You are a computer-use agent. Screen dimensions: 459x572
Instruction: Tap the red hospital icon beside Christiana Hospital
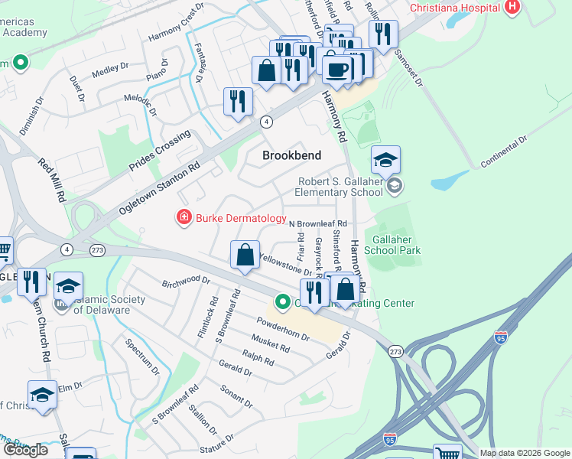pos(512,8)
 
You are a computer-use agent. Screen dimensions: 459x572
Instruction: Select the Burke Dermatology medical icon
pos(184,219)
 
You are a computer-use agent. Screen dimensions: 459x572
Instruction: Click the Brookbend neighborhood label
pos(291,155)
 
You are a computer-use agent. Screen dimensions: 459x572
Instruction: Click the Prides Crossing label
pos(159,153)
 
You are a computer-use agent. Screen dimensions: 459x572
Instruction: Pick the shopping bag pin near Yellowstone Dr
pos(245,256)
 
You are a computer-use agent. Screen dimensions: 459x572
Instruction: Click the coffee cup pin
pos(336,70)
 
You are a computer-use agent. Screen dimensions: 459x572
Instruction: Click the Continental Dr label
pos(505,153)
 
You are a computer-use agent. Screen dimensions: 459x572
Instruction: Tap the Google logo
pos(25,450)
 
